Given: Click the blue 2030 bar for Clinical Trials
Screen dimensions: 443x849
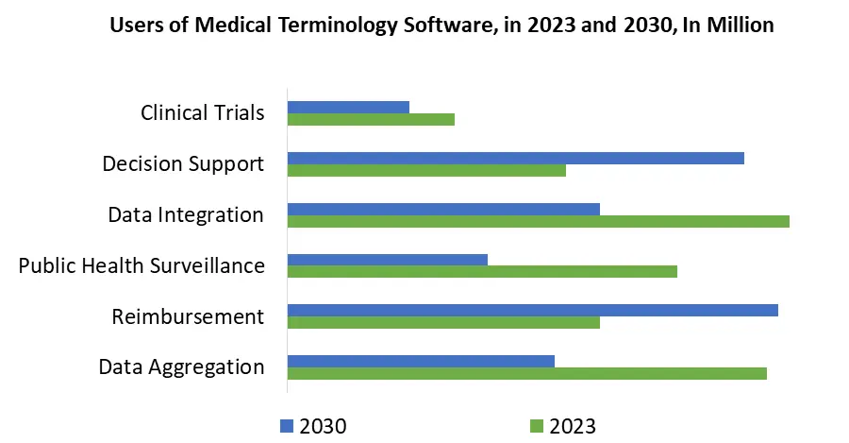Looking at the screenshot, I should (348, 107).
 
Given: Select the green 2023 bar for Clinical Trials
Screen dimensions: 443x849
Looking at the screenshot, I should (371, 119).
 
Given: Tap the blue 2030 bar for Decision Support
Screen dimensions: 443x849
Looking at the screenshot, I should (515, 158).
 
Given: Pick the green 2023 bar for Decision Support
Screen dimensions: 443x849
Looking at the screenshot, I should (426, 170).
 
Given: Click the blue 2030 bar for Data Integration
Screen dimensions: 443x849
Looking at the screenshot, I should (443, 209).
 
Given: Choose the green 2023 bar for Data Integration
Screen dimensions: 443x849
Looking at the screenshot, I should (538, 221).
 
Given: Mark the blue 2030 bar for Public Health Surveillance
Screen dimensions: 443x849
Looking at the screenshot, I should (387, 260).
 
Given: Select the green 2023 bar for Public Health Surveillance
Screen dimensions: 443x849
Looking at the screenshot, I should (482, 272).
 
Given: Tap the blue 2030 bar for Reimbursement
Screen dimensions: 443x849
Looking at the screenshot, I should (532, 310).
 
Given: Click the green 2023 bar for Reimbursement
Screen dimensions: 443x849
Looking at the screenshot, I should (443, 322).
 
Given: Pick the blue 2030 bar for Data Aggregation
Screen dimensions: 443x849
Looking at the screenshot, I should (421, 361).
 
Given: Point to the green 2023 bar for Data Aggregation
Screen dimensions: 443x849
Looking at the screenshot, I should (526, 373).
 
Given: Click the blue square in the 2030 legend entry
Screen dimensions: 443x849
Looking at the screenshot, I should (287, 426).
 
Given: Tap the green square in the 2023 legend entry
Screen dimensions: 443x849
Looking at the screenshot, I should (537, 426).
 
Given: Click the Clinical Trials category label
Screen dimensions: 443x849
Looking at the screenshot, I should (202, 112).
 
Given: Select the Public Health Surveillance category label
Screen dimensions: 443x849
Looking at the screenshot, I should (141, 265).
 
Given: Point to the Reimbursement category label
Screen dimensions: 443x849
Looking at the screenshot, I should (188, 316).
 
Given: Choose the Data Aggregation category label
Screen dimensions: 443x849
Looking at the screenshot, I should (181, 366).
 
